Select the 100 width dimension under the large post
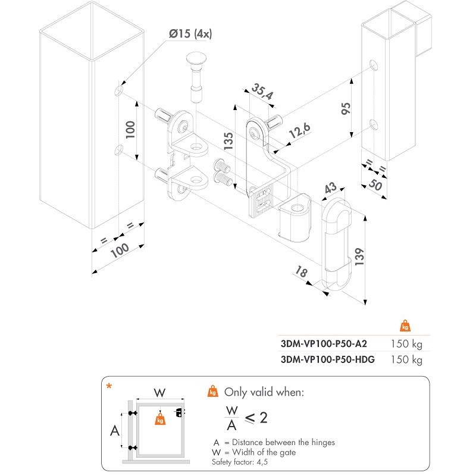pos(120,252)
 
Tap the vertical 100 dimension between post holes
pos(131,130)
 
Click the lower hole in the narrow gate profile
pos(373,124)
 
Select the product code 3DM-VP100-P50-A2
pos(324,343)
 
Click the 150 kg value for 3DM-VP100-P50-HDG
pos(406,360)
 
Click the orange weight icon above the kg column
pos(406,326)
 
